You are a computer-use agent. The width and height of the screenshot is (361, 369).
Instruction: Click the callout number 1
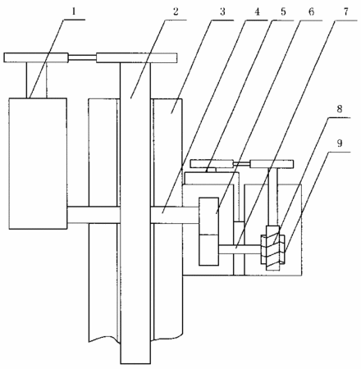coord(74,12)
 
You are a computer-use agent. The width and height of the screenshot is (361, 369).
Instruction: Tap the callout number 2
coord(176,11)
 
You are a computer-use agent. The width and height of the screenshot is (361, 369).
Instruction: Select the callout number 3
coord(222,11)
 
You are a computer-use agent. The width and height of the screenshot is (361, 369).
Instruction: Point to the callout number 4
coord(257,11)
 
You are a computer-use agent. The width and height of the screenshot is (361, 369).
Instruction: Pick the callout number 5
coord(283,11)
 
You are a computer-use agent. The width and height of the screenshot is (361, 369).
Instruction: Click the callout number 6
coord(311,11)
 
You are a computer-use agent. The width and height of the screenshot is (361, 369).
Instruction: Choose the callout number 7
coord(346,11)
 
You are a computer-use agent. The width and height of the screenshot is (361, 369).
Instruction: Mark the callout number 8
coord(339,109)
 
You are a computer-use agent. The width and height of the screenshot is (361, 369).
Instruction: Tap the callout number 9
coord(340,143)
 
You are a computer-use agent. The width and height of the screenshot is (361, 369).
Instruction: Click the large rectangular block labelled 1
coord(38,163)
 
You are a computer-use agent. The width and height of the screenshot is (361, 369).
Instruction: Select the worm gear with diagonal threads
coord(273,248)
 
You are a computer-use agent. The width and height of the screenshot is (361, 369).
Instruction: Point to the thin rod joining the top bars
coord(82,57)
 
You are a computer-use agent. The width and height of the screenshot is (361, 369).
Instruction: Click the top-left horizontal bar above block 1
coord(36,57)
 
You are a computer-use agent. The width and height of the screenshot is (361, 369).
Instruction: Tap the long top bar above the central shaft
coord(136,57)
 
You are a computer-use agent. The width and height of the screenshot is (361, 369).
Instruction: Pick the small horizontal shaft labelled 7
coord(240,249)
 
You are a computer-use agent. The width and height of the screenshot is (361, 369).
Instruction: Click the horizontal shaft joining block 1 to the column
coord(94,215)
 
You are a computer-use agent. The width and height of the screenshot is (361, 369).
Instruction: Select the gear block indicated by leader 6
coord(209,231)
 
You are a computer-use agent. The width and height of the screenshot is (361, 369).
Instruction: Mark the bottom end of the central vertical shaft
coord(135,363)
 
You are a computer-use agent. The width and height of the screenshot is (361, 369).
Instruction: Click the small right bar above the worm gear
coord(272,164)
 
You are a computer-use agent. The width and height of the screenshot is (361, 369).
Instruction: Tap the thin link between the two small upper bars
coord(242,164)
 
